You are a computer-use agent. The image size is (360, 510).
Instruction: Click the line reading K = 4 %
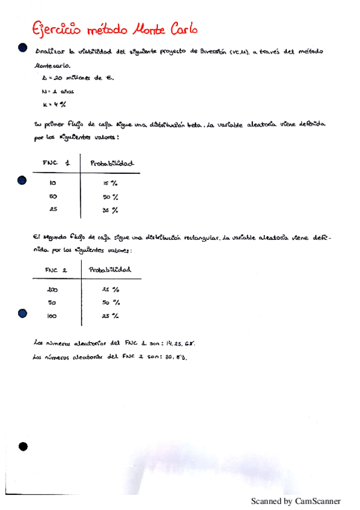click(52, 105)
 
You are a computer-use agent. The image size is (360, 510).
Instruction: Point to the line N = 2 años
click(58, 91)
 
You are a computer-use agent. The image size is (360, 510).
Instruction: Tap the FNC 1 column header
click(56, 162)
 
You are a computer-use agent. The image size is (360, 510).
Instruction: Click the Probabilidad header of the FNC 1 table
click(112, 163)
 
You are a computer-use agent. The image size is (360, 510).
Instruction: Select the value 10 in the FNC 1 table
click(53, 182)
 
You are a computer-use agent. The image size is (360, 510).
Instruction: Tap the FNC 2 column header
click(56, 270)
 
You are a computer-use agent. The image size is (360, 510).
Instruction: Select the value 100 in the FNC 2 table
click(52, 315)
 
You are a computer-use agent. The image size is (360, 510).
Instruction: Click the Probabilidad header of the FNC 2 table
click(110, 270)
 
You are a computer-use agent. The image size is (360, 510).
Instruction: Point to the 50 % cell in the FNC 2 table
click(110, 303)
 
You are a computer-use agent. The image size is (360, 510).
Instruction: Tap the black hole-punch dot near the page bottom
click(23, 446)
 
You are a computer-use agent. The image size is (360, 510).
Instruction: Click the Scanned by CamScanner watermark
click(295, 501)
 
